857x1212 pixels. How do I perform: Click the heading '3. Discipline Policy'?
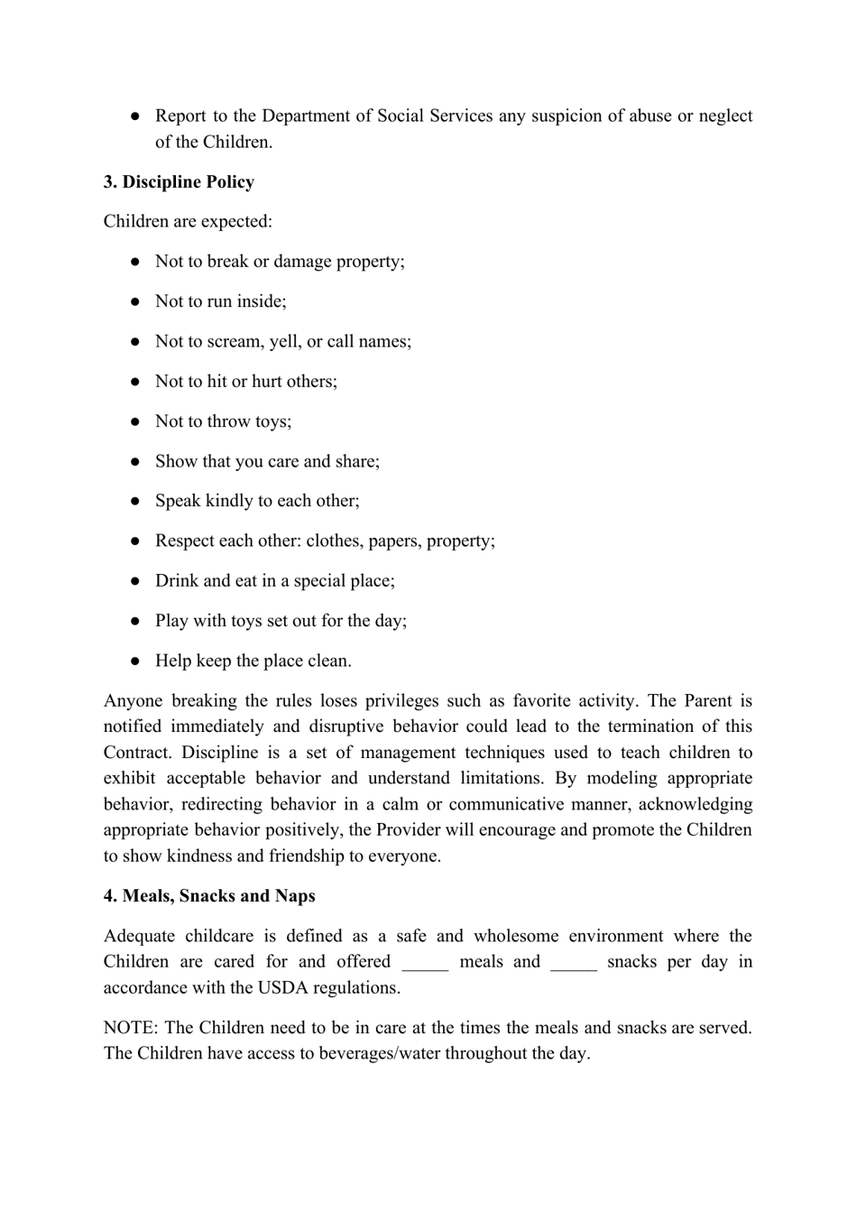[x=179, y=182]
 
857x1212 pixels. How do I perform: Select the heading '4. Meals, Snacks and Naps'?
[x=209, y=896]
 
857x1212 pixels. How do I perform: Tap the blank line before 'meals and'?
[x=425, y=963]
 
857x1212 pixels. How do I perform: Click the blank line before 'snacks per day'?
[x=573, y=963]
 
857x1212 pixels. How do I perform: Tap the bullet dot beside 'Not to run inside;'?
[x=135, y=302]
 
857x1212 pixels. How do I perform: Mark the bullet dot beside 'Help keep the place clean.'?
[x=135, y=662]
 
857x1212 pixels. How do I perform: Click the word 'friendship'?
[x=310, y=856]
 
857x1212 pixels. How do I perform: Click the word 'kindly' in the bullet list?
[x=229, y=502]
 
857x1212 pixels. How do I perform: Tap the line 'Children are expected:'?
[x=188, y=222]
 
